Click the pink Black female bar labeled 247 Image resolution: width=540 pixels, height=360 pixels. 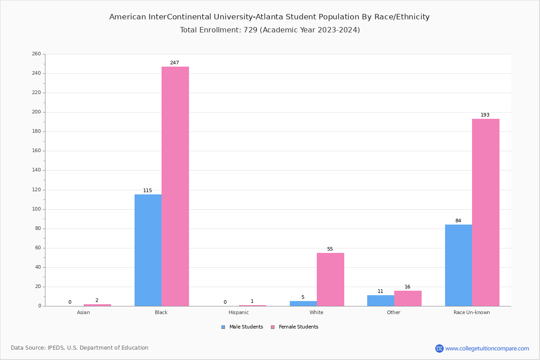pos(175,186)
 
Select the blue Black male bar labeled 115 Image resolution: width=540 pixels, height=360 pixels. pos(148,250)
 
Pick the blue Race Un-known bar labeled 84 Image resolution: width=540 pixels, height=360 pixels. pos(459,265)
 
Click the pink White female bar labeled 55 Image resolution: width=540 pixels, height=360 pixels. pos(330,279)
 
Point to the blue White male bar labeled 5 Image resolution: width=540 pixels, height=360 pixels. pos(303,304)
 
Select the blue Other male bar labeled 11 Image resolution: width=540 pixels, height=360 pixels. pos(381,301)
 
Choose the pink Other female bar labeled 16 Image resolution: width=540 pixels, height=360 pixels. pos(408,298)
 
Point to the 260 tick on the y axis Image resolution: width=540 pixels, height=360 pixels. pos(36,54)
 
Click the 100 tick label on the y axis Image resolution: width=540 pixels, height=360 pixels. pos(36,209)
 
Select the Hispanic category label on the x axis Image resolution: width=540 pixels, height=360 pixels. pos(238,312)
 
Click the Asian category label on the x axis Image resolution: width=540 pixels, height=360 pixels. pos(83,312)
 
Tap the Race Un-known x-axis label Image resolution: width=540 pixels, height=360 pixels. pos(472,312)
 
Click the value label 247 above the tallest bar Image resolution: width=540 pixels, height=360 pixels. pos(174,63)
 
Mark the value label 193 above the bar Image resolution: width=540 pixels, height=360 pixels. pos(485,115)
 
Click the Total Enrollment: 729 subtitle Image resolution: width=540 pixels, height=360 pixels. pos(270,30)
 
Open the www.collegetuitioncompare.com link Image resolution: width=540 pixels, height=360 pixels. pos(487,348)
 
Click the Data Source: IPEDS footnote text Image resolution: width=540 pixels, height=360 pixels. pos(80,348)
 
